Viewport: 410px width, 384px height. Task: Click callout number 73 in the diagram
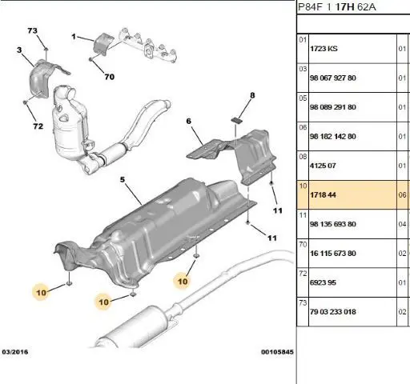32,30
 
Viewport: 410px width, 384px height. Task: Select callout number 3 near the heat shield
19,50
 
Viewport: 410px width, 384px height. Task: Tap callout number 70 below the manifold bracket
110,77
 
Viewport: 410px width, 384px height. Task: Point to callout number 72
38,126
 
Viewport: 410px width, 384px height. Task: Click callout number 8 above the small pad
252,95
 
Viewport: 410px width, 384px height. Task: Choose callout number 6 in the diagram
189,121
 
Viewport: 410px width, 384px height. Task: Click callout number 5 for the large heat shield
123,179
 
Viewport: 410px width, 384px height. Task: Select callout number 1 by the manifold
74,37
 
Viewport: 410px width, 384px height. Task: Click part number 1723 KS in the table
324,49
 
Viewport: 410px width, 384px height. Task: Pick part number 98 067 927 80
333,78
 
